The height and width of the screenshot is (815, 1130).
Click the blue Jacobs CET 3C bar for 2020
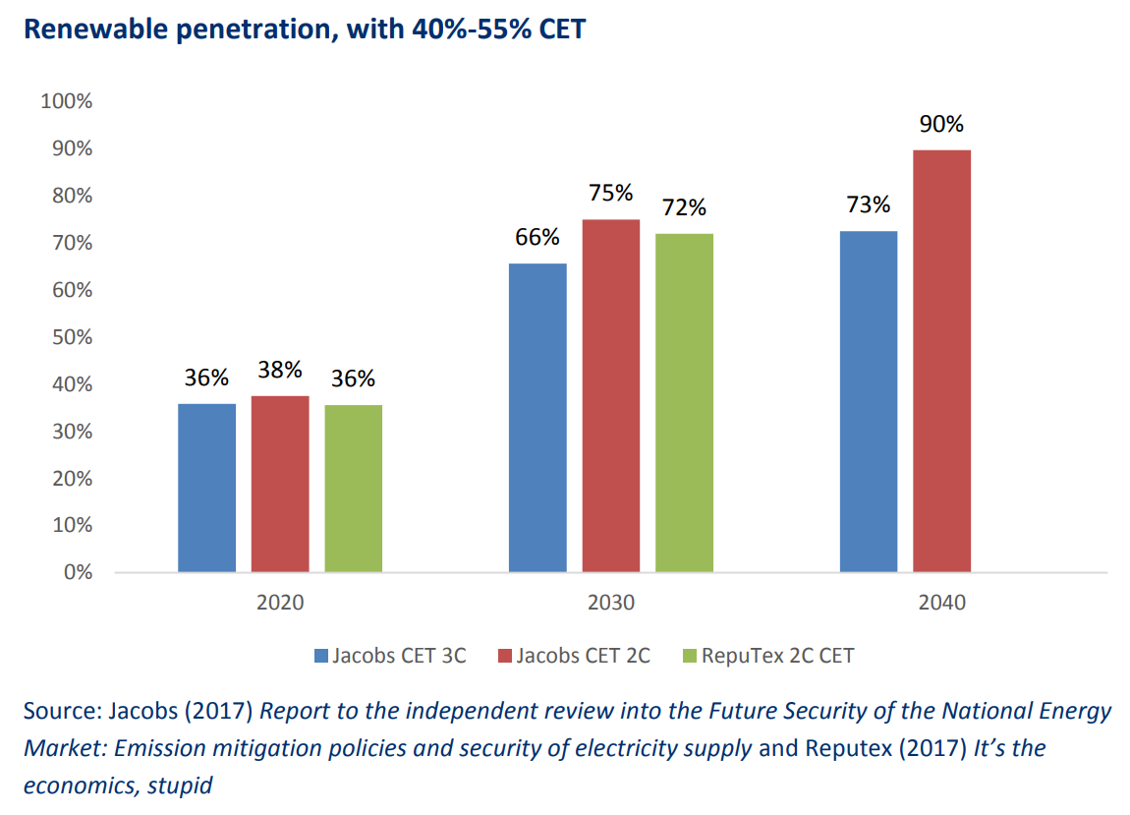coord(206,488)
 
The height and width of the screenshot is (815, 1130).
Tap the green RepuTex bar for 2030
coord(684,402)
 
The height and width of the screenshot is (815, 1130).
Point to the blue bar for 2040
coord(869,401)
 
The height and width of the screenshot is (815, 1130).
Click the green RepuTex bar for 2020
coord(353,488)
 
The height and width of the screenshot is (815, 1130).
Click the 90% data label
coord(941,125)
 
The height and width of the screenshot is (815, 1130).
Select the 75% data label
coord(610,194)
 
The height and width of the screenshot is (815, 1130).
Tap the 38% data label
coord(280,371)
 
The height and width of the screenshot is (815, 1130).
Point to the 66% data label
coord(537,237)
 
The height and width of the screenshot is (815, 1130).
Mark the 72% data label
coord(684,208)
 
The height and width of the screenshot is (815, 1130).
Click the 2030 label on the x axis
coord(610,603)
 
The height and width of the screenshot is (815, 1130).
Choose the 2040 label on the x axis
coord(941,603)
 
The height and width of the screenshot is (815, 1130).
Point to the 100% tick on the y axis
coord(66,101)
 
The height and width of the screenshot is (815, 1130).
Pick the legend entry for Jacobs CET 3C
coord(390,656)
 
